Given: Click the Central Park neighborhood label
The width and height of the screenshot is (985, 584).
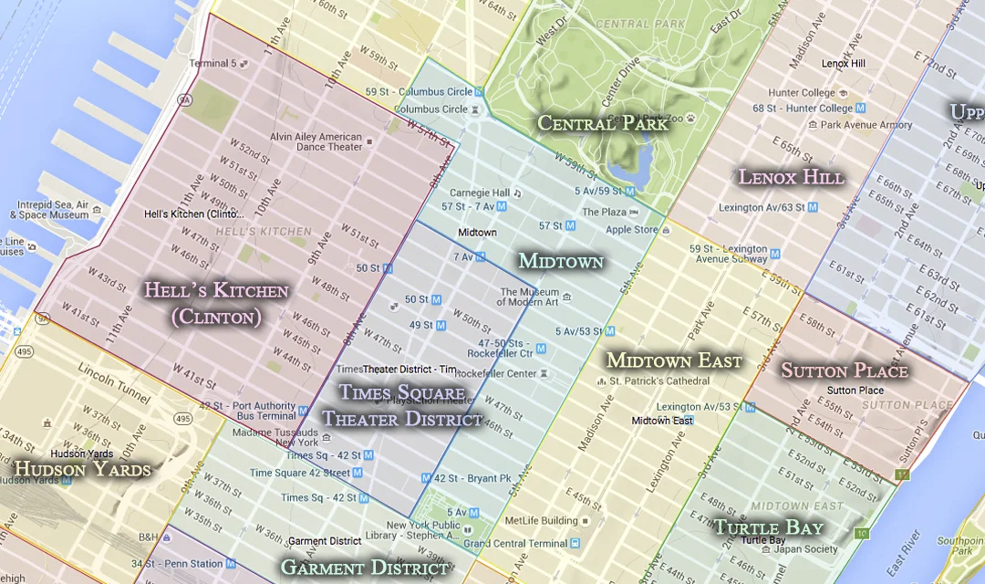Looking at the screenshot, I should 602,123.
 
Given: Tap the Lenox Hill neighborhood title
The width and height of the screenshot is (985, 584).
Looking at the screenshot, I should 791,177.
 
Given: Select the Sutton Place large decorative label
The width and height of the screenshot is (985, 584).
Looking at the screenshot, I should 845,370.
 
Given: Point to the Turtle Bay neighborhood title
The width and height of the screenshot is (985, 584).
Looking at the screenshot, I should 768,527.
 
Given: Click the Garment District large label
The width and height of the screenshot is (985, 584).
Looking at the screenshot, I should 364,568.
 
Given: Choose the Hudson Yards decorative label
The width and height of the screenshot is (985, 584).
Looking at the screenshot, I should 82,470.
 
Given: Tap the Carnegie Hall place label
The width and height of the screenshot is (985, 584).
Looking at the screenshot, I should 480,193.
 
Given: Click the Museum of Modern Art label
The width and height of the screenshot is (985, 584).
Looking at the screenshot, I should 528,297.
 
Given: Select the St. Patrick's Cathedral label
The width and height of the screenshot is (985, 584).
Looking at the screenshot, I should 658,381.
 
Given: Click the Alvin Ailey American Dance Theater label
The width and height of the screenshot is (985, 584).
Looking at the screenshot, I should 316,141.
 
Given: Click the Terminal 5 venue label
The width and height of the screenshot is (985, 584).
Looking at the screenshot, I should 213,64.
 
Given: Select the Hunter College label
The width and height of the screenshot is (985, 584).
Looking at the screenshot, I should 802,93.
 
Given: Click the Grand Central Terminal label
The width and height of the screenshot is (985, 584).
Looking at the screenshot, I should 515,544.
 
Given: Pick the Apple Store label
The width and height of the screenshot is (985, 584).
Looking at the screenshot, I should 632,230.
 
